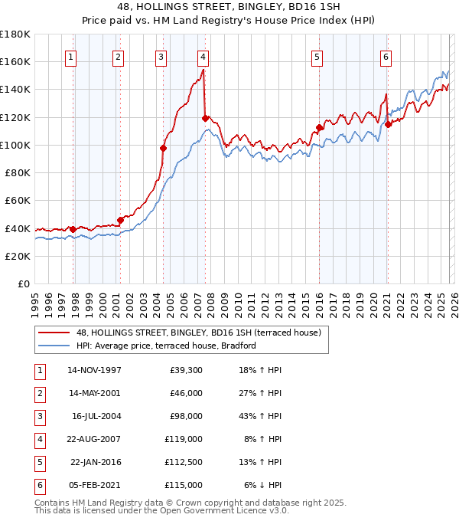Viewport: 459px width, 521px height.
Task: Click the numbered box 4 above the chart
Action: point(203,56)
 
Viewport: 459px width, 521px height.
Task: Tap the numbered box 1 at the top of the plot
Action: point(70,56)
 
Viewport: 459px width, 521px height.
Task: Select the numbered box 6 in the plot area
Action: point(386,56)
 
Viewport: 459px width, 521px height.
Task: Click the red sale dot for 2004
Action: point(163,148)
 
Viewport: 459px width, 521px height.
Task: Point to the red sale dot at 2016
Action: point(319,128)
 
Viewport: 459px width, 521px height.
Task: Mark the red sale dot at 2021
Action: point(388,124)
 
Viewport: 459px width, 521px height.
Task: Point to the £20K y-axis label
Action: point(18,256)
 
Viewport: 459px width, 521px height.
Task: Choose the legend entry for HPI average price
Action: point(165,346)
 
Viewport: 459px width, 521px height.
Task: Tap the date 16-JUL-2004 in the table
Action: point(96,416)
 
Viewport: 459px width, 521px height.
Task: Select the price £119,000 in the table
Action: point(184,439)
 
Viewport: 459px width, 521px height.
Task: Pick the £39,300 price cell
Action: point(186,370)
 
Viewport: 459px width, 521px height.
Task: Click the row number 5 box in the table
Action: point(39,462)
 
